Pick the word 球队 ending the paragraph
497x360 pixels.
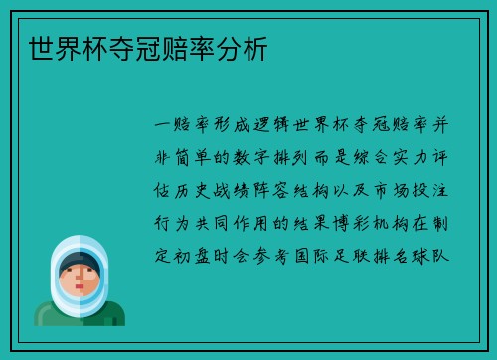(x=443, y=255)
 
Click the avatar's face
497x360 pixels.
(x=80, y=275)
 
